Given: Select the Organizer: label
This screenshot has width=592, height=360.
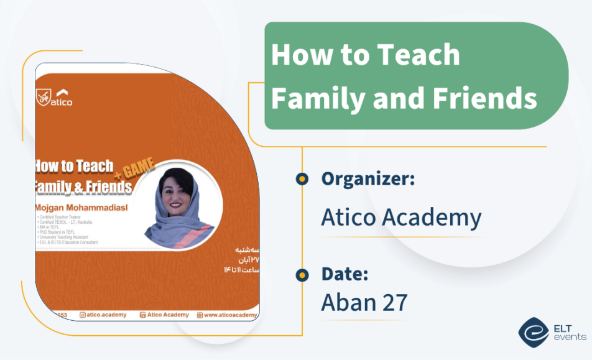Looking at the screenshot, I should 368,179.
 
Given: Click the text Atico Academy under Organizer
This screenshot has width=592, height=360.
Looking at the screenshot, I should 401,217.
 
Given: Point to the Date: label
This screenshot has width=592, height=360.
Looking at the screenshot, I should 345,274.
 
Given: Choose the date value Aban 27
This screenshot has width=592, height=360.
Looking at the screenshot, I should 364,302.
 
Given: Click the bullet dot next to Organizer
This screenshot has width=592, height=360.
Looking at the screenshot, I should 302,179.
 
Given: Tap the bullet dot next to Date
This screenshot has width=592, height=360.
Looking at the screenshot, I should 302,274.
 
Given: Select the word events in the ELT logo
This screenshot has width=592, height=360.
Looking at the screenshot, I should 570,337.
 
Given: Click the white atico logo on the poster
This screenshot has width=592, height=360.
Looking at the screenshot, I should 62,99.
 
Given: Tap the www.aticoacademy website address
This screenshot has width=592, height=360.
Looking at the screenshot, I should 231,315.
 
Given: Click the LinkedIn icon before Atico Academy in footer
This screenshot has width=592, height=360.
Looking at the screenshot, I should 142,315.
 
